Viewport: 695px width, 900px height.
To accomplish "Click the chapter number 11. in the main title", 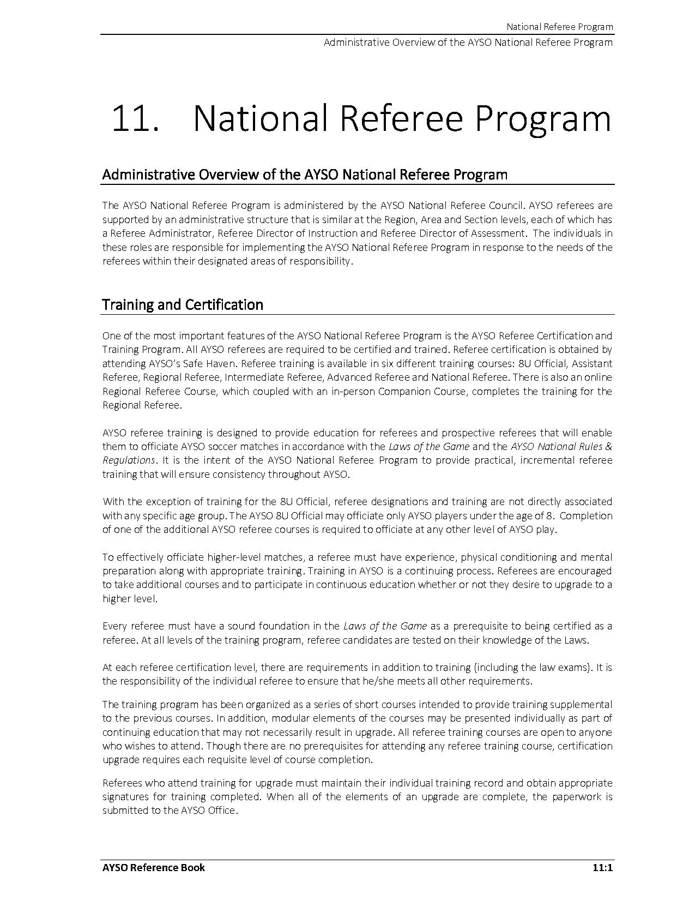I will [135, 118].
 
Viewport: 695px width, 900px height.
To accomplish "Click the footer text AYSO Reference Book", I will [154, 867].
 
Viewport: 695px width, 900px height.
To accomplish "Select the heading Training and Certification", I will [183, 304].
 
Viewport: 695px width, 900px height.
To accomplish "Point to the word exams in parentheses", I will [568, 667].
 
